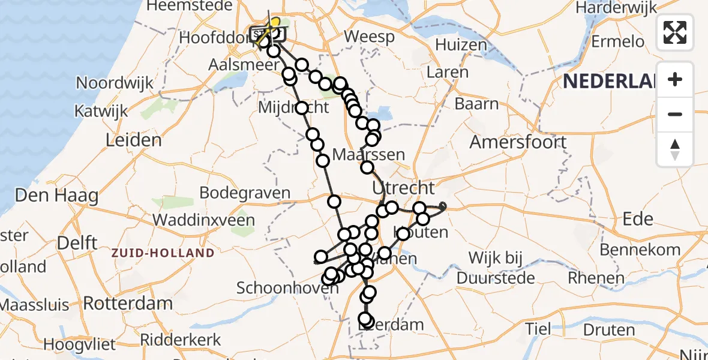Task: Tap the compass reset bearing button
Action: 675,148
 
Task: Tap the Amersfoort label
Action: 518,142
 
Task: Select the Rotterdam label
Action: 128,303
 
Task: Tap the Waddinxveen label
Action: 203,220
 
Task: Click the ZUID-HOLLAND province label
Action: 162,253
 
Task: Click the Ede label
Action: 638,219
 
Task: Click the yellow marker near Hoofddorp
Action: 274,23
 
